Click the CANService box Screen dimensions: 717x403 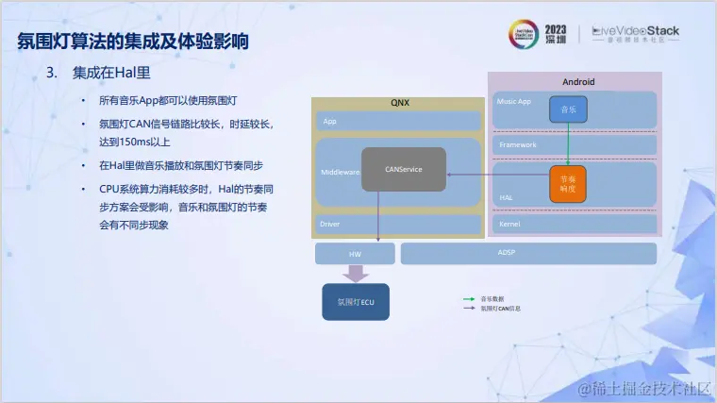coord(404,169)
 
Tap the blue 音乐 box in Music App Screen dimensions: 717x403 coord(568,109)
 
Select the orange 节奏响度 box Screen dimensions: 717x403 coord(568,183)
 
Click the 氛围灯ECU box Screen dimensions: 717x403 coord(356,302)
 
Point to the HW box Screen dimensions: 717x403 coord(355,253)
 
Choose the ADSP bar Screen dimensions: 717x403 coord(528,253)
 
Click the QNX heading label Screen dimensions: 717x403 coord(400,101)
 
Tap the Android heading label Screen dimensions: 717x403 coord(578,82)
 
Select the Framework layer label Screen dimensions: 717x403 coord(517,144)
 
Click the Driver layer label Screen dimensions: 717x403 coord(330,224)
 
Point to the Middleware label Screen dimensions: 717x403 coord(340,173)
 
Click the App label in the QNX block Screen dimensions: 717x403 coord(330,122)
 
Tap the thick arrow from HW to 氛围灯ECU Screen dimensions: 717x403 coord(356,273)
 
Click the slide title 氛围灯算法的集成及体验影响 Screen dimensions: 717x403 coord(133,42)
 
